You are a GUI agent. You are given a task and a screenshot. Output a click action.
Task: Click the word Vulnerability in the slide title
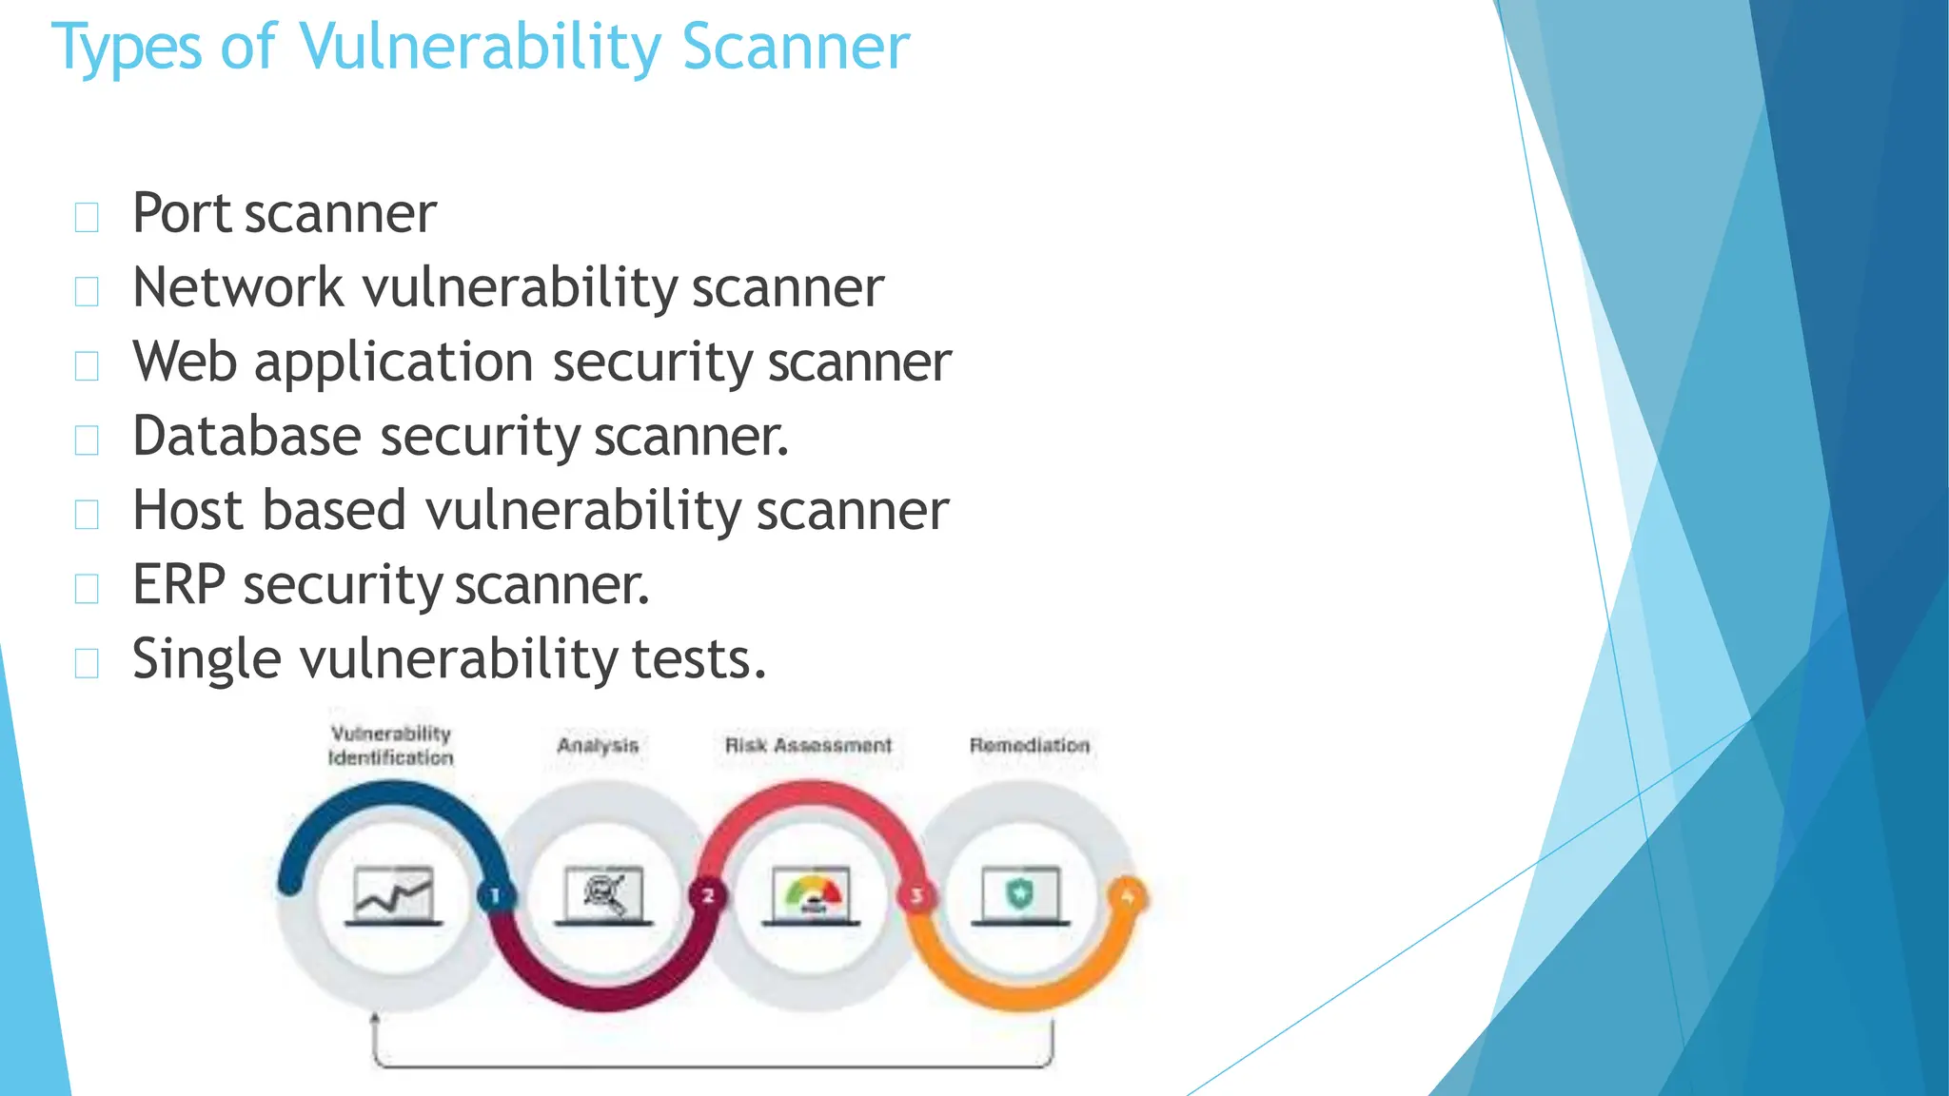479,48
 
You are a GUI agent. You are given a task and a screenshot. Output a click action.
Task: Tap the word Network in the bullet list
238,287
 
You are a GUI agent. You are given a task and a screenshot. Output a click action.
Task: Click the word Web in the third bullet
185,362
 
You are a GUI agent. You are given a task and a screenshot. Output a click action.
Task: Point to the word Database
246,436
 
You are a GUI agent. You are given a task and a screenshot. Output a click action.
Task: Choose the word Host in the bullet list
188,510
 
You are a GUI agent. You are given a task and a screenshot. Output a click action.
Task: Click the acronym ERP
179,584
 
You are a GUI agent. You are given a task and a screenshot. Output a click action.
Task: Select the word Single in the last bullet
207,658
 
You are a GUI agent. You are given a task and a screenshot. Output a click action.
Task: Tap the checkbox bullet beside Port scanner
87,218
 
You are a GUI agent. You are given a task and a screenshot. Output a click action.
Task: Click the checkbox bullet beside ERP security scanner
87,589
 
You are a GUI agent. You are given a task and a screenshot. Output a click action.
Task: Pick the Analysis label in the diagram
598,745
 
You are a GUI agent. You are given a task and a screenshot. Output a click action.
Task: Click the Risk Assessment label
808,745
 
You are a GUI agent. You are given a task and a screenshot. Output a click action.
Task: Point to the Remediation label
1029,745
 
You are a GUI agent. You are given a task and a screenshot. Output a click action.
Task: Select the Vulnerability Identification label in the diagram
390,745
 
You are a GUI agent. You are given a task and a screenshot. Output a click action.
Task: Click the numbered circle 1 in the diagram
495,895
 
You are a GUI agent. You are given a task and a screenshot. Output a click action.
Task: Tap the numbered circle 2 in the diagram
708,895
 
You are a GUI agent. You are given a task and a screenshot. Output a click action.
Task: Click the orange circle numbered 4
1128,896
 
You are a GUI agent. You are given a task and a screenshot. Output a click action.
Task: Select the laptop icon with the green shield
1020,895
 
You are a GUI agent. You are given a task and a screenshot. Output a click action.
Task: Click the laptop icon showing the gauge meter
812,895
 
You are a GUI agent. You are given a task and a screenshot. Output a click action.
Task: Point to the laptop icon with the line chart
393,895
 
